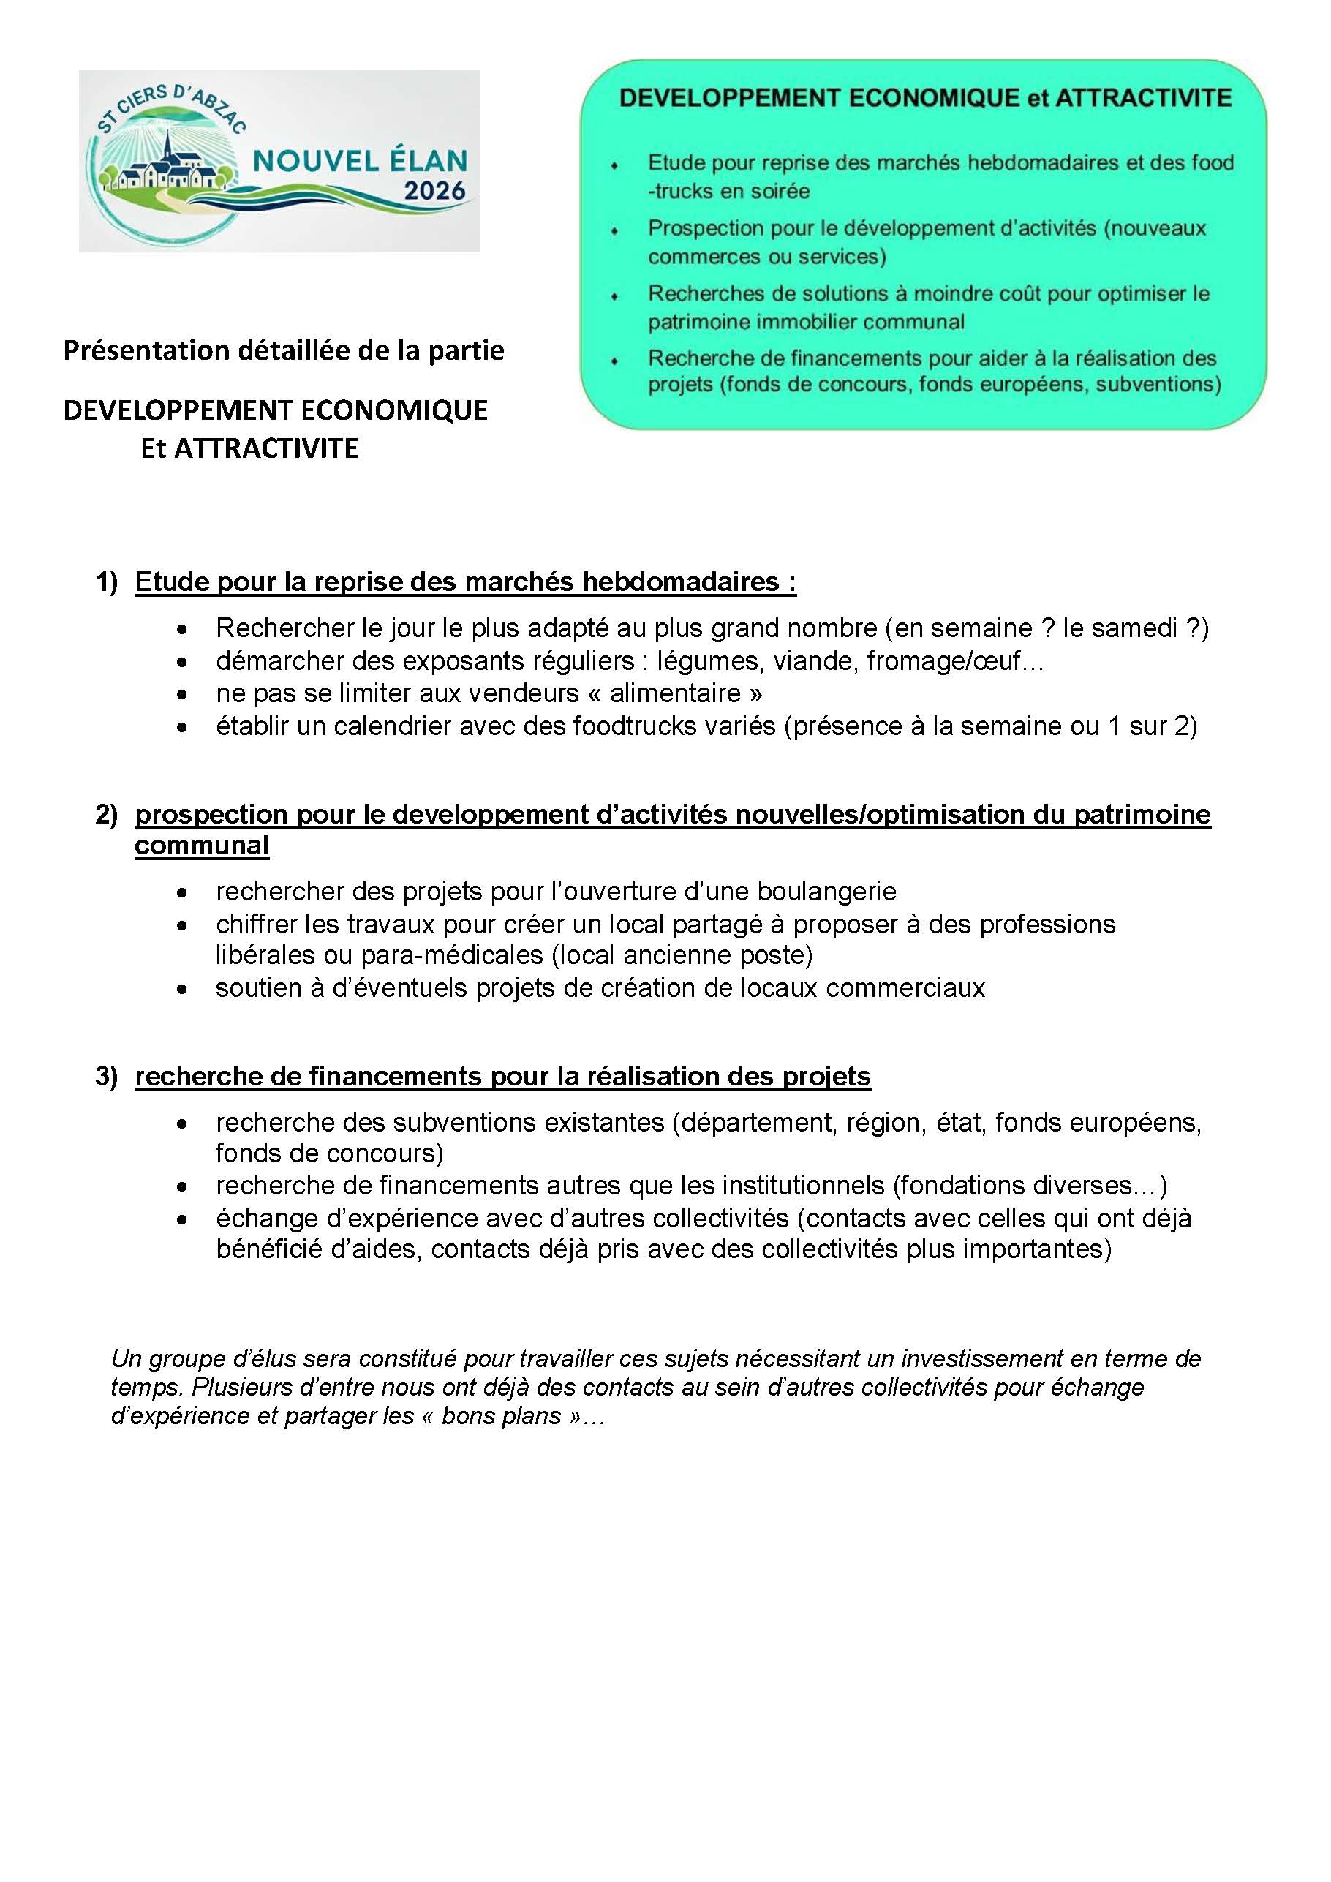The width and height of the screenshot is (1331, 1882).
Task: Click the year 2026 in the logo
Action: pyautogui.click(x=434, y=191)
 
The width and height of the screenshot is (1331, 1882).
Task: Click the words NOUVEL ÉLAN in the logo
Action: pyautogui.click(x=360, y=160)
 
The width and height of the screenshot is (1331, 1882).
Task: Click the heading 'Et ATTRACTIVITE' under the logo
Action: pyautogui.click(x=249, y=449)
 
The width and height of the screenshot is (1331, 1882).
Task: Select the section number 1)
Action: pyautogui.click(x=107, y=582)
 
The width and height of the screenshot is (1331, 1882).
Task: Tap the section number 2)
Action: pyautogui.click(x=107, y=814)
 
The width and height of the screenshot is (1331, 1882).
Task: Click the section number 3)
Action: pyautogui.click(x=107, y=1076)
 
